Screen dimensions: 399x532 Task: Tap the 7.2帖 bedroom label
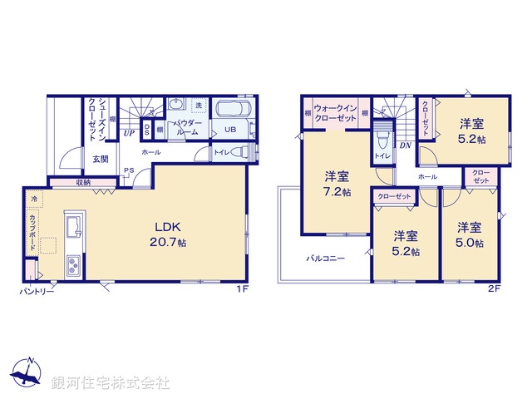337,184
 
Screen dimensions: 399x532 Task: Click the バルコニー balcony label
324,259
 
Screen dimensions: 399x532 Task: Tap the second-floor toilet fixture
382,137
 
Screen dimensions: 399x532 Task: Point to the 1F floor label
241,288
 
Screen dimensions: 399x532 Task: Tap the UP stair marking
129,132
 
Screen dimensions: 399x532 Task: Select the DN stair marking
405,146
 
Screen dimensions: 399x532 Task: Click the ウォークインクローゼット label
336,114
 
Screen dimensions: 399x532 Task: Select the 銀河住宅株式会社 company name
111,383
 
